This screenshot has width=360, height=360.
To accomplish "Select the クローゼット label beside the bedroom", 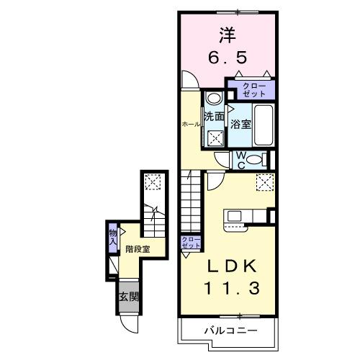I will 248,89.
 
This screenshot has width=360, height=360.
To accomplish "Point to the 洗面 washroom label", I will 214,117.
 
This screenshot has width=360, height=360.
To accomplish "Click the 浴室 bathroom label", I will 240,123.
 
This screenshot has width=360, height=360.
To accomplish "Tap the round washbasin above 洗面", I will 214,99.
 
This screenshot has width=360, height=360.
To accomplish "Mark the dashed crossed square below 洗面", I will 215,137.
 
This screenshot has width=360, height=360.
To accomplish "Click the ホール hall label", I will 192,125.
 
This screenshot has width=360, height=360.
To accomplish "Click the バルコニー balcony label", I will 228,331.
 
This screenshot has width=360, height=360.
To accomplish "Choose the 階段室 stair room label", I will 138,249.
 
